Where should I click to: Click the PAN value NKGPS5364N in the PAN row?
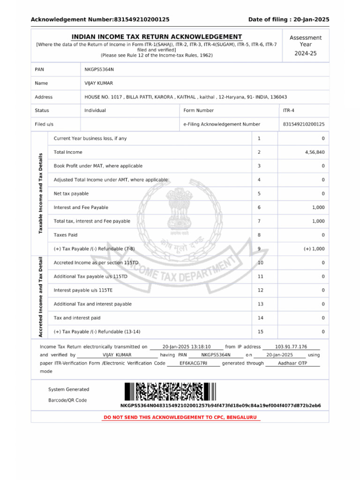[99, 69]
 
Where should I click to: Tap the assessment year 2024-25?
[305, 53]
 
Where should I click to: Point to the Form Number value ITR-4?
[289, 111]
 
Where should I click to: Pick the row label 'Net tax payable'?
[71, 194]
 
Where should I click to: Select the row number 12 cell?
[261, 290]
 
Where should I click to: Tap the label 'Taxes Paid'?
[66, 235]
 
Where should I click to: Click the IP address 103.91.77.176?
[291, 347]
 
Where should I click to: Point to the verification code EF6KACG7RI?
[193, 363]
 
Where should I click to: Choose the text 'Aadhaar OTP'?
[292, 363]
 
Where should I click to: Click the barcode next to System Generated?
[170, 391]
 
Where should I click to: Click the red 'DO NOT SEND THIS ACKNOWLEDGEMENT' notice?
[180, 417]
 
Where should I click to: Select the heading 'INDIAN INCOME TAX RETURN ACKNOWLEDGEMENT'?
[157, 37]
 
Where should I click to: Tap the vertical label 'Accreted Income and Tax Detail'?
[41, 297]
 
